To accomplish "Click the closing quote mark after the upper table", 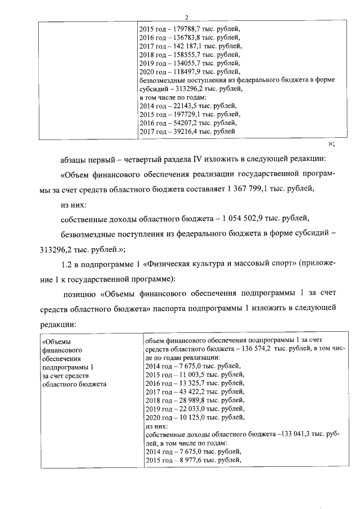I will (x=331, y=143).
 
